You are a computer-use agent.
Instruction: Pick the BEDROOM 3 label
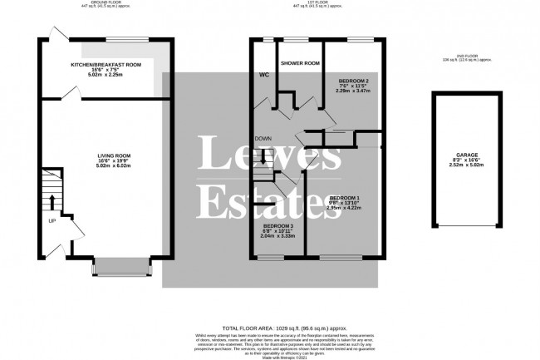277,225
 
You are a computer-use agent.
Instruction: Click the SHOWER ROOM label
300,63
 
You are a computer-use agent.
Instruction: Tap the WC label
263,73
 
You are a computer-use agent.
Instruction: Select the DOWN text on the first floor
262,139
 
